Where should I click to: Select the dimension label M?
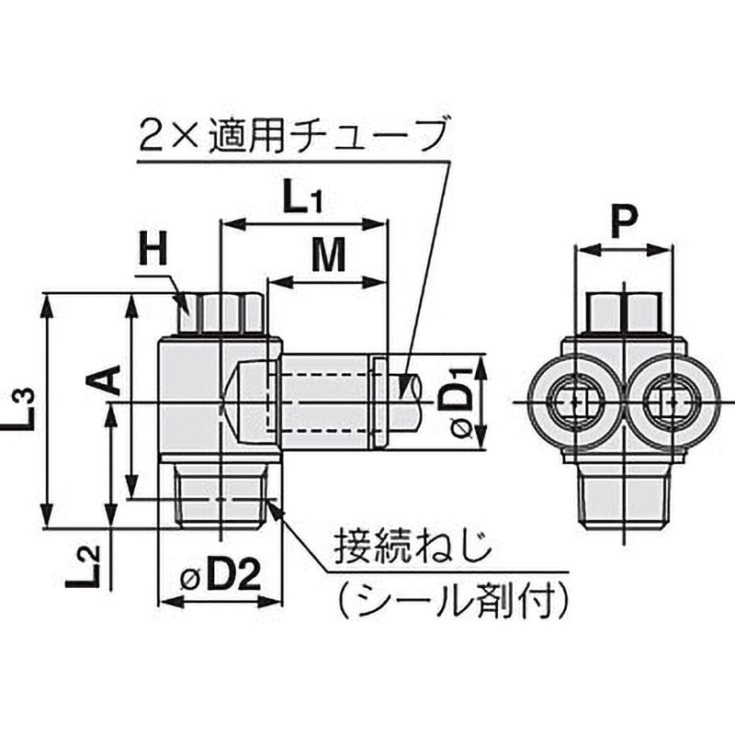328,257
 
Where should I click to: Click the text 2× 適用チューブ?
294,138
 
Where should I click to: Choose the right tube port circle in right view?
670,402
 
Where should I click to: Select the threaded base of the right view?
622,496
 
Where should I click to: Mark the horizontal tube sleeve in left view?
326,401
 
